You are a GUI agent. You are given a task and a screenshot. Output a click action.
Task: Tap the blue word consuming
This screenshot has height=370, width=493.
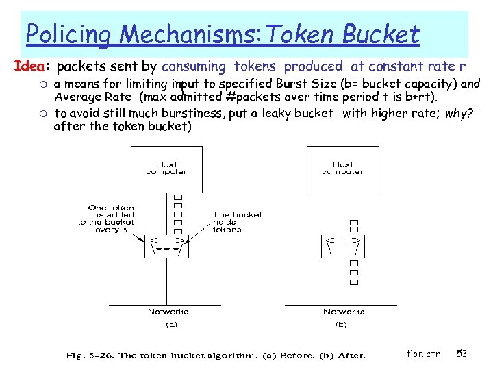point(194,66)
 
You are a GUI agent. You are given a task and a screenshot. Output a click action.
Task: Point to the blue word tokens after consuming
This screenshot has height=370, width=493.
point(255,66)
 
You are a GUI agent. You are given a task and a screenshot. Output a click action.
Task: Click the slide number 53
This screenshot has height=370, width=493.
point(462,354)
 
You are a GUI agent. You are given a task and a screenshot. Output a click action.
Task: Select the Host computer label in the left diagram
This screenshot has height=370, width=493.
point(166,168)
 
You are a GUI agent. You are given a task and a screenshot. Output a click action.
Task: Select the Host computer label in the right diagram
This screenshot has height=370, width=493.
point(342,168)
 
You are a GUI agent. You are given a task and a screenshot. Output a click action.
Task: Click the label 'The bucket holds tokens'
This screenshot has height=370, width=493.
point(237,222)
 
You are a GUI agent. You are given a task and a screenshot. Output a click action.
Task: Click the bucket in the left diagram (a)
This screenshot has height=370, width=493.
point(166,247)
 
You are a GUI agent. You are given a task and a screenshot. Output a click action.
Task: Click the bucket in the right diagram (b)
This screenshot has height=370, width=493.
point(342,247)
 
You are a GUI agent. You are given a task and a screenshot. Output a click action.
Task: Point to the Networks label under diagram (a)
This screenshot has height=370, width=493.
point(168,311)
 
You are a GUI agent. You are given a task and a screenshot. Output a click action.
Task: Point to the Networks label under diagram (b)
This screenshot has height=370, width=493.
point(344,311)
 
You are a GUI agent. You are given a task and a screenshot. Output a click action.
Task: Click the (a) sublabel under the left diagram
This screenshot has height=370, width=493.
point(168,325)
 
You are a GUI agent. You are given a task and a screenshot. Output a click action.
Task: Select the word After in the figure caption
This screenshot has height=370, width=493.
point(351,355)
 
